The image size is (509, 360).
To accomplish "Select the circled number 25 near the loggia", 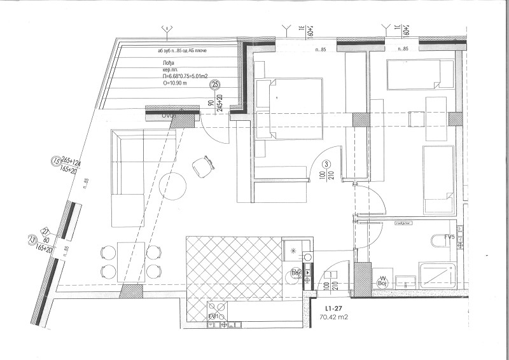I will (x=215, y=84).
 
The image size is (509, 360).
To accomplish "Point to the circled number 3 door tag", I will (x=326, y=164).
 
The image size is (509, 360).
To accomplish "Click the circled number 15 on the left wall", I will (x=55, y=162).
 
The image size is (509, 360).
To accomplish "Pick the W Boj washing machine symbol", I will (x=383, y=280).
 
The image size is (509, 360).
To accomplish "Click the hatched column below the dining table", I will (x=131, y=292).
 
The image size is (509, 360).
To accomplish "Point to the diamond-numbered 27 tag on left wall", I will (x=45, y=232).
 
